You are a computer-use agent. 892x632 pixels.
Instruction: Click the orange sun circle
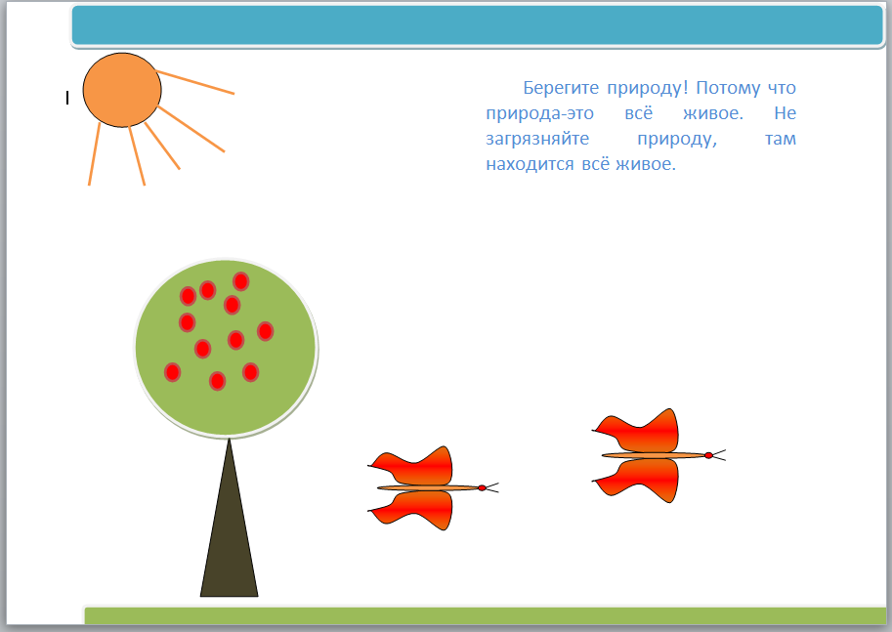[x=122, y=90]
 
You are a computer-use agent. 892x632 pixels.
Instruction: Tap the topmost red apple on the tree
[x=240, y=281]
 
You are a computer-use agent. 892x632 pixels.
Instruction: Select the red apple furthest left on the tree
[x=172, y=372]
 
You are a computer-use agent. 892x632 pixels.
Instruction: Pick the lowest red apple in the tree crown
[x=217, y=381]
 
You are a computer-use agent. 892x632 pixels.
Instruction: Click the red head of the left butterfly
[x=482, y=488]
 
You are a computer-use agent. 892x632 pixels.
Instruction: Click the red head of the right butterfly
[x=708, y=455]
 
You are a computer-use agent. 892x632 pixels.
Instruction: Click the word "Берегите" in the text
[x=561, y=88]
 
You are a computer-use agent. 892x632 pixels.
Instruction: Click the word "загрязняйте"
[x=537, y=139]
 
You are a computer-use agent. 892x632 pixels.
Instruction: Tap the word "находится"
[x=530, y=164]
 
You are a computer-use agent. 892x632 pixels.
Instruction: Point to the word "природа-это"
[x=540, y=113]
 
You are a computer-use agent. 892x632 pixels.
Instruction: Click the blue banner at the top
[x=478, y=25]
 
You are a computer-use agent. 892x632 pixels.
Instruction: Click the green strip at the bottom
[x=486, y=615]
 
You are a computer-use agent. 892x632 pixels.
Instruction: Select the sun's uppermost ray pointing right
[x=194, y=82]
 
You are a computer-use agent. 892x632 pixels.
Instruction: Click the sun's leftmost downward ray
[x=94, y=153]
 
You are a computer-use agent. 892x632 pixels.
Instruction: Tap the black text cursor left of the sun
[x=67, y=98]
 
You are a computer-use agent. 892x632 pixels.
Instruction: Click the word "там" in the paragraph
[x=781, y=139]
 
